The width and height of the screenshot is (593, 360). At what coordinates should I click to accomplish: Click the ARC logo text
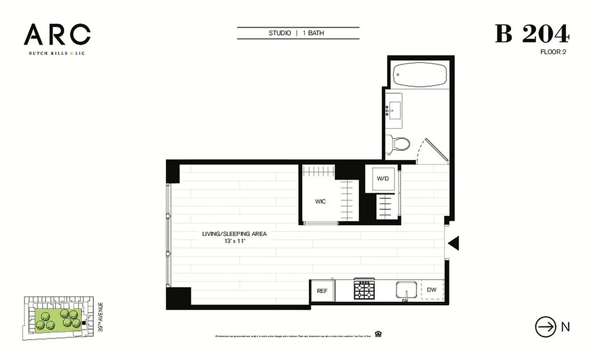(x=57, y=35)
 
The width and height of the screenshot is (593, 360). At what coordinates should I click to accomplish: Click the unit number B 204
(x=532, y=34)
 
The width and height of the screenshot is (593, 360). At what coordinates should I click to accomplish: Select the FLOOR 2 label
(x=553, y=52)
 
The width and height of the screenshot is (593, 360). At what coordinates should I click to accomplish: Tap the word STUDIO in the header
(x=279, y=33)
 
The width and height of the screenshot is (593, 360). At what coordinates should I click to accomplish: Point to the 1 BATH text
(x=316, y=33)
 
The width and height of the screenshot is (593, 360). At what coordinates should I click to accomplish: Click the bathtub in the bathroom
(x=419, y=75)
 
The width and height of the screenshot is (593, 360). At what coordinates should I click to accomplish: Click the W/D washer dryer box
(x=382, y=179)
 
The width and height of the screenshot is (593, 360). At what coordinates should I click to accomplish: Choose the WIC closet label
(x=320, y=202)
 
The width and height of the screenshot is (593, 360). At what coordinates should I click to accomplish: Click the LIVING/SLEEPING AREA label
(x=234, y=234)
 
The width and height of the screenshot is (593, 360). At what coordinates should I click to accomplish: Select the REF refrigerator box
(x=322, y=291)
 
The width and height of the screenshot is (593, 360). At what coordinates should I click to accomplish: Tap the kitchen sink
(x=407, y=290)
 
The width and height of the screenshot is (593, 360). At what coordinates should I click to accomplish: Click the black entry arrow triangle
(x=454, y=243)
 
